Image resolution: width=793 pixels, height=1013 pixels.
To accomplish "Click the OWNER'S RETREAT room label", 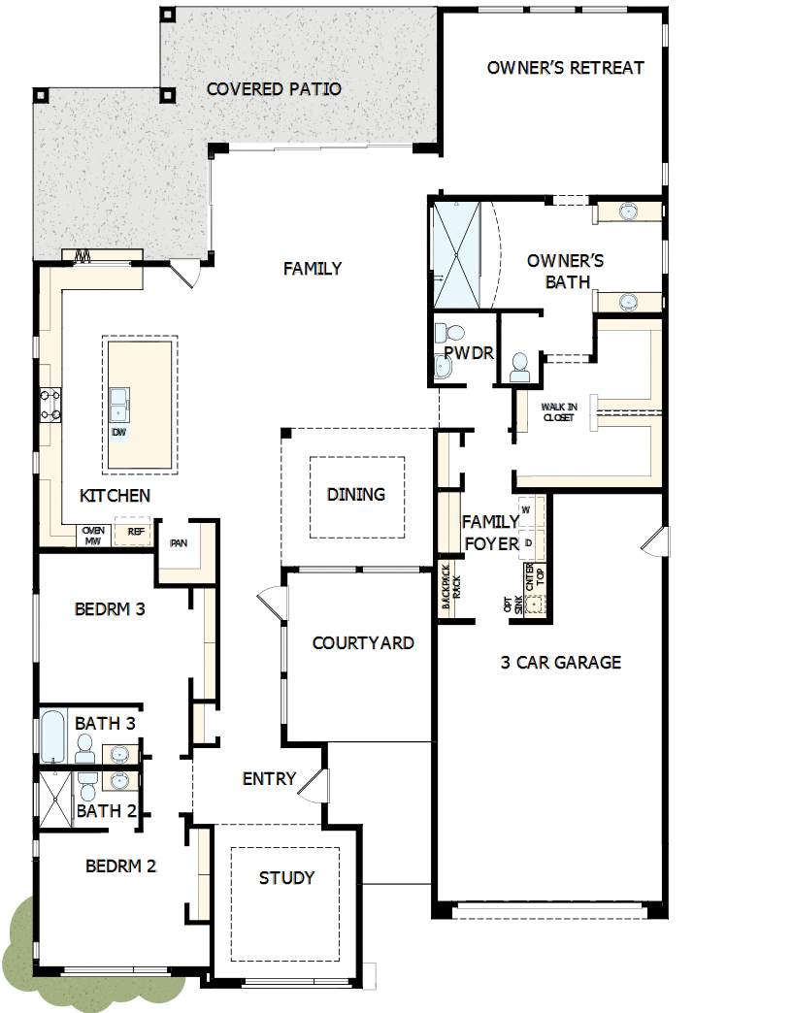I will pyautogui.click(x=565, y=68).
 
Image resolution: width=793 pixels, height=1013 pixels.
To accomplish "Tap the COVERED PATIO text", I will pyautogui.click(x=274, y=89).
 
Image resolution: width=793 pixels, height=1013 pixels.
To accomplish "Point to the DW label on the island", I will pyautogui.click(x=118, y=432).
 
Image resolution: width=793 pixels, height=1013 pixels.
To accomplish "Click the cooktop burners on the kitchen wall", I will pyautogui.click(x=49, y=405).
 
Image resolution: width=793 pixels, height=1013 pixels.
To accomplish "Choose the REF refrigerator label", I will pyautogui.click(x=135, y=532).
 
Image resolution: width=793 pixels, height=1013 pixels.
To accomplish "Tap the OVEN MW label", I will pyautogui.click(x=93, y=536).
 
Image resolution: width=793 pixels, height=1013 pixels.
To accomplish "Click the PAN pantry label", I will pyautogui.click(x=179, y=543).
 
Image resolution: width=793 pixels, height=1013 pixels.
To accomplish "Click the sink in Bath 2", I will pyautogui.click(x=119, y=780).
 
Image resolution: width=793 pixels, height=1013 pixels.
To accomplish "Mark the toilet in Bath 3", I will pyautogui.click(x=85, y=747).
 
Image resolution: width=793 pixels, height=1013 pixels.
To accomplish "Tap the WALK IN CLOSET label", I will pyautogui.click(x=558, y=412).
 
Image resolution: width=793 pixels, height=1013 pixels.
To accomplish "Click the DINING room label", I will pyautogui.click(x=356, y=495).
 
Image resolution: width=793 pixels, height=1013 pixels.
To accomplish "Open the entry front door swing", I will pyautogui.click(x=312, y=783).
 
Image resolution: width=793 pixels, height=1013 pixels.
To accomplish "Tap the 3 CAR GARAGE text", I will pyautogui.click(x=561, y=663).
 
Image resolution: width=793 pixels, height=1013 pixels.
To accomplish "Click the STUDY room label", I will pyautogui.click(x=286, y=878).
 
